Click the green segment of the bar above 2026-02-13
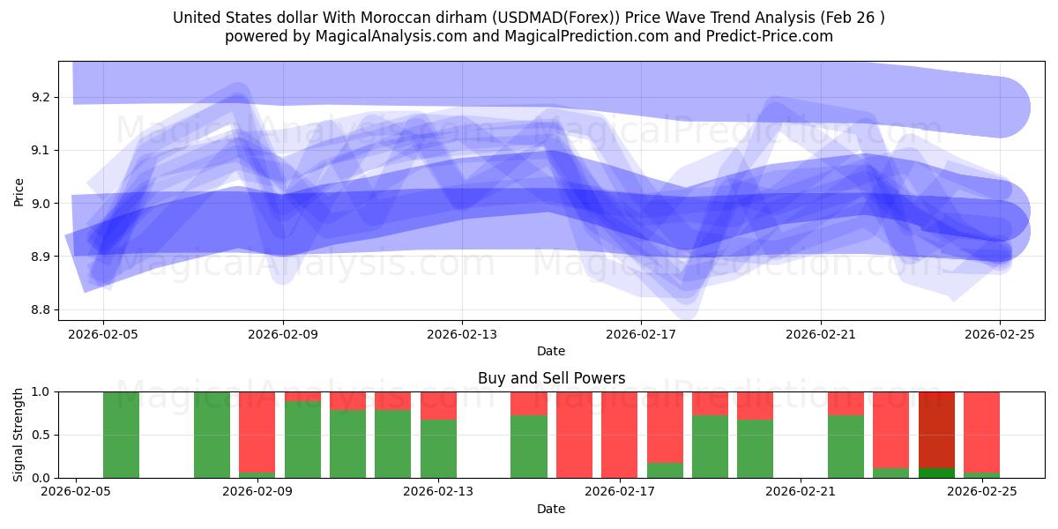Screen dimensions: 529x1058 [438, 449]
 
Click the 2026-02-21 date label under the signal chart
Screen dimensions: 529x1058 [801, 492]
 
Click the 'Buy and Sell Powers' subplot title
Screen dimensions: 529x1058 [551, 378]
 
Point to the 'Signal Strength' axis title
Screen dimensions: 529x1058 [19, 435]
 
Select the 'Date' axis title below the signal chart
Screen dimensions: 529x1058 [551, 509]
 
